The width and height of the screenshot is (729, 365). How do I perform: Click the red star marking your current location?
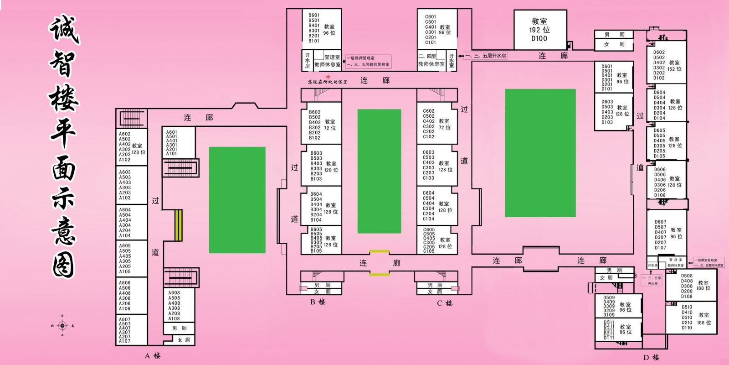coord(328,77)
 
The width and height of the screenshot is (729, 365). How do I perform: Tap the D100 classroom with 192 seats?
coord(539,30)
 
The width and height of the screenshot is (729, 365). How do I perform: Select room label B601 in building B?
coord(314,15)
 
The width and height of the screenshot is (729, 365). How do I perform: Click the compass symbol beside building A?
coord(62,325)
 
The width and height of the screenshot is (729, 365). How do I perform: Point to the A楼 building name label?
coord(153,356)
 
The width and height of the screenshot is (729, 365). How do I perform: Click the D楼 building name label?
coord(652,358)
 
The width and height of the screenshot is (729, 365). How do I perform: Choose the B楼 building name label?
coord(318,302)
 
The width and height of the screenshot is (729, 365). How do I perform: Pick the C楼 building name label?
coord(444,303)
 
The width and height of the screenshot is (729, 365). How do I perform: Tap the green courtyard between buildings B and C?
coord(379,171)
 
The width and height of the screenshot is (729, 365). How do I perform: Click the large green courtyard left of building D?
coord(540,153)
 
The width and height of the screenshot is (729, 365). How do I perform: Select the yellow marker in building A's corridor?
coord(178,225)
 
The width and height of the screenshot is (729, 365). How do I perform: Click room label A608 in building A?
coord(174,293)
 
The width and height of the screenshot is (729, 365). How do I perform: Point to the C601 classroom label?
coord(431,17)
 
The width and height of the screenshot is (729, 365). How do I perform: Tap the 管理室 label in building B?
coord(332,57)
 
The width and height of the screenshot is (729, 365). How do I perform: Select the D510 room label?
coord(687,308)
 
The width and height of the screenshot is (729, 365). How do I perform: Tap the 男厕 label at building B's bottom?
coord(322,285)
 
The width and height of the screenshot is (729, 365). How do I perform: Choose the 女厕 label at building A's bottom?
coord(184,340)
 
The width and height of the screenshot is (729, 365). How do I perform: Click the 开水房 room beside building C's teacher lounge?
coord(452,60)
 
